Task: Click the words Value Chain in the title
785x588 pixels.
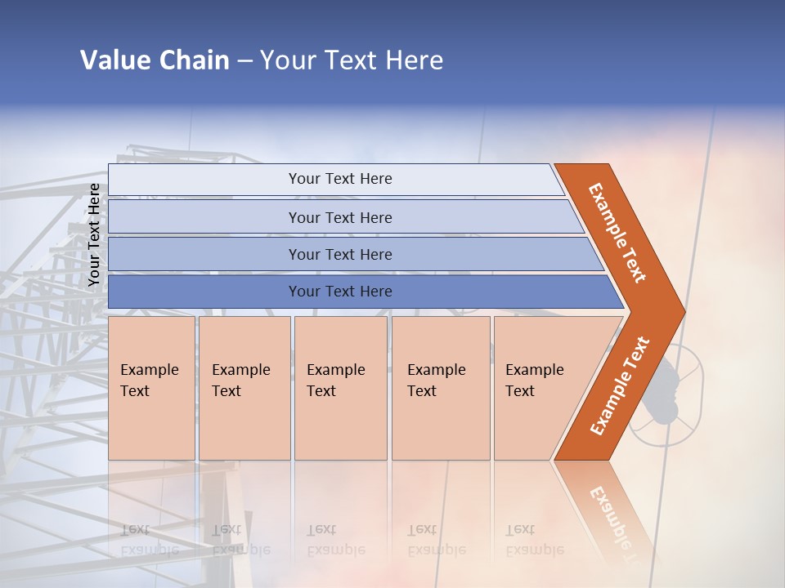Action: pos(155,60)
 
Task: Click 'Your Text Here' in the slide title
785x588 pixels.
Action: pos(352,60)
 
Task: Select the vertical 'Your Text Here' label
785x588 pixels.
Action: pos(94,234)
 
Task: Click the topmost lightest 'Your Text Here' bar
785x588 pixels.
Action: pos(339,179)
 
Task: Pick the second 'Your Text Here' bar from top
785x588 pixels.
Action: pos(339,217)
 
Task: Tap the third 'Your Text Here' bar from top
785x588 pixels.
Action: pos(339,254)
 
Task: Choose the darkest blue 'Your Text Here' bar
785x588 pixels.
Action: pos(339,292)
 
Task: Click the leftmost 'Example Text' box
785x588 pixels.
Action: pos(150,387)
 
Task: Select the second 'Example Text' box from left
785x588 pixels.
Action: pos(243,387)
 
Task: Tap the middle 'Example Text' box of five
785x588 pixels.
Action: pos(339,387)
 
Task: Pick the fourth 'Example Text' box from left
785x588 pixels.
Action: pos(440,387)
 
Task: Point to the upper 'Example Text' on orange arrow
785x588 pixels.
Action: pos(617,233)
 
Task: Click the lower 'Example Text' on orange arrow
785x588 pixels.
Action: pos(619,385)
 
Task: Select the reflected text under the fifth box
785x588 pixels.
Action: pos(533,541)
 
